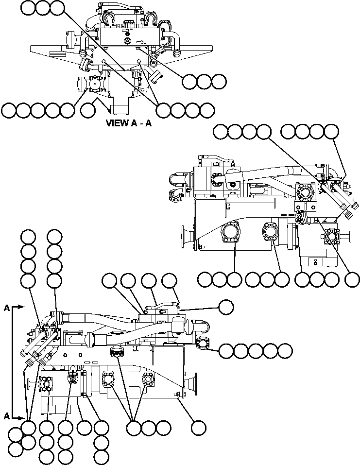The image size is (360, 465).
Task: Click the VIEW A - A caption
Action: [x=129, y=123]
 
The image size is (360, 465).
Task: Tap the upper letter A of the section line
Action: [x=6, y=308]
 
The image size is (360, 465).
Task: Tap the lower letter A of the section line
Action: [x=6, y=416]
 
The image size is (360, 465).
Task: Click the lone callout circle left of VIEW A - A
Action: [x=88, y=110]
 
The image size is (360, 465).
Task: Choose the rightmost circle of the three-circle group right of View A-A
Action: [x=219, y=82]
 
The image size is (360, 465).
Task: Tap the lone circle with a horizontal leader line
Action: [x=225, y=307]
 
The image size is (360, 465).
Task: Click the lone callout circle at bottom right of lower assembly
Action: [x=198, y=428]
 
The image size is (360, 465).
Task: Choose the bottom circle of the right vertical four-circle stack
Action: [x=54, y=280]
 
